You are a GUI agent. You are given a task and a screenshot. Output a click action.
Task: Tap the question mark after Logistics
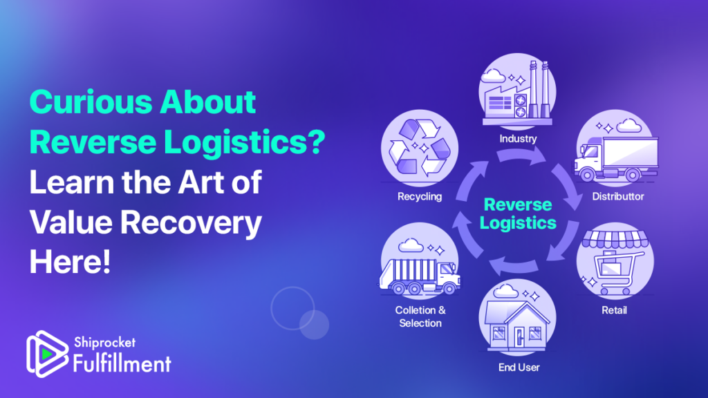tap(315, 141)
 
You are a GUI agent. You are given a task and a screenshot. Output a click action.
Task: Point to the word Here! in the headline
tap(70, 262)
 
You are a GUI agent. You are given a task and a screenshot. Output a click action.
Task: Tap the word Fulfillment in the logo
tap(122, 363)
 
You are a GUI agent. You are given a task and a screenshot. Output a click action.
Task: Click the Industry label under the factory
tap(518, 138)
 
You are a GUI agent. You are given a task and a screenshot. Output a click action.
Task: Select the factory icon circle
tap(517, 91)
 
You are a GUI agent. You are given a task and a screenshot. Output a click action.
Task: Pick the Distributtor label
tap(617, 196)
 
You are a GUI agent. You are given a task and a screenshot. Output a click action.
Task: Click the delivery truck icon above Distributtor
tap(616, 159)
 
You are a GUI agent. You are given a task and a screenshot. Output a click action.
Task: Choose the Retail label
tap(614, 310)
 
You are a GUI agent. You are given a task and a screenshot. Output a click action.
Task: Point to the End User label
tap(519, 368)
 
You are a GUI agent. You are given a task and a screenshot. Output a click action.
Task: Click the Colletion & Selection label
tap(420, 316)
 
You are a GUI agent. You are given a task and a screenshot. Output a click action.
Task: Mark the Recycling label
tap(420, 196)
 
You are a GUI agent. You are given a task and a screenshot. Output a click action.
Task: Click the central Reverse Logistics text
tap(518, 214)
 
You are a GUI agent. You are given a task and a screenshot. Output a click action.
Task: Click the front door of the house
tap(519, 337)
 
